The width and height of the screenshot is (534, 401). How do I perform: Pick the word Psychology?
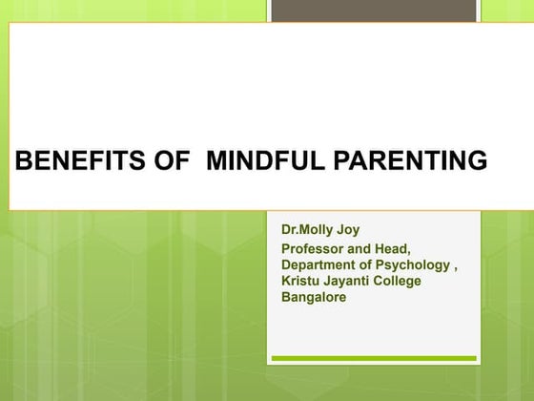pos(412,266)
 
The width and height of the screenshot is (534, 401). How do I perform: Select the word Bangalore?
pos(314,297)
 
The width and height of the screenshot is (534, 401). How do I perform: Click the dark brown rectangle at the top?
pos(373,10)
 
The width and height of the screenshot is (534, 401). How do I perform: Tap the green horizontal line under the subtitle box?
pos(373,359)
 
